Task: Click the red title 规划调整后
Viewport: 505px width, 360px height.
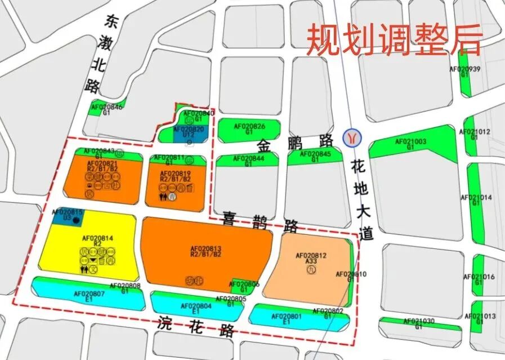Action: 394,39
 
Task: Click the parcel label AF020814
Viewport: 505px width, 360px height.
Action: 98,238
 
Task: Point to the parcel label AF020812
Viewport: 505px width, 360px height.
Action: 310,256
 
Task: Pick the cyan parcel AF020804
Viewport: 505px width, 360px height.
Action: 195,308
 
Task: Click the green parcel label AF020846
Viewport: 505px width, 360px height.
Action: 106,107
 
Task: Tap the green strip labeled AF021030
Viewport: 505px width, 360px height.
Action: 418,322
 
